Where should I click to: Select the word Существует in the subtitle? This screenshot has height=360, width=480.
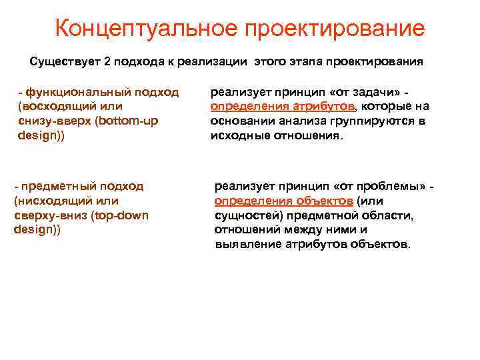pyautogui.click(x=64, y=62)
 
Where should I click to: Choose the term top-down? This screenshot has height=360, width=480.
pyautogui.click(x=121, y=215)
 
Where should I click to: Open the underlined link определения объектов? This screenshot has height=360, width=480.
pyautogui.click(x=284, y=201)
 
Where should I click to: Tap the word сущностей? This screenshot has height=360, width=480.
pyautogui.click(x=245, y=215)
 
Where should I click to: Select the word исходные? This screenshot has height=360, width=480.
pyautogui.click(x=238, y=135)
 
